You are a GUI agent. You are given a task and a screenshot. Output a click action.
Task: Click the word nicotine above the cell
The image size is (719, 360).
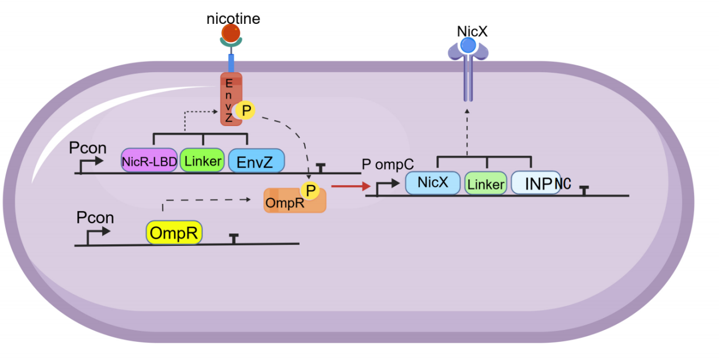click(x=233, y=19)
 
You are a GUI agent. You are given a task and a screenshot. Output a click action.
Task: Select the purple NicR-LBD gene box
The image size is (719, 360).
click(x=149, y=161)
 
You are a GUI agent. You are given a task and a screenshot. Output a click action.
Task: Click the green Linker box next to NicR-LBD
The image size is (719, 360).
click(x=203, y=161)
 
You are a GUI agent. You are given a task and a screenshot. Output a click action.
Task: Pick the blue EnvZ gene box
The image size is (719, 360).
click(x=256, y=161)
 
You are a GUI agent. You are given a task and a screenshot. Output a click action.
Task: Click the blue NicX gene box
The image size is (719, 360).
click(x=432, y=183)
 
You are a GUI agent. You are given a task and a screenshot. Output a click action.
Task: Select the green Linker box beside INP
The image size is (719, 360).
click(x=486, y=184)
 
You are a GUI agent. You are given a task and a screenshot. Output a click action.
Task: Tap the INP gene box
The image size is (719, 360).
click(x=536, y=183)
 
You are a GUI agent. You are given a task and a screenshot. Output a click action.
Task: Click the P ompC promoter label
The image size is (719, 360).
click(x=387, y=164)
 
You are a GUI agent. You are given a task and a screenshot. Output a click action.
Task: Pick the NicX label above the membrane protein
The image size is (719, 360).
click(x=472, y=31)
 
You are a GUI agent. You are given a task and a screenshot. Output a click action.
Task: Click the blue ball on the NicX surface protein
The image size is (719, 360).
click(x=468, y=45)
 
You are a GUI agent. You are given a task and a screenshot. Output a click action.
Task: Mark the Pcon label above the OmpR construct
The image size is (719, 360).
click(x=95, y=217)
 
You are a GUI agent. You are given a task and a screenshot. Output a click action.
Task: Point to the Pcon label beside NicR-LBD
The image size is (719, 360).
click(x=87, y=148)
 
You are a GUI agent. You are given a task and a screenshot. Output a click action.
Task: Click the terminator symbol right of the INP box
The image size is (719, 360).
click(x=584, y=189)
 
